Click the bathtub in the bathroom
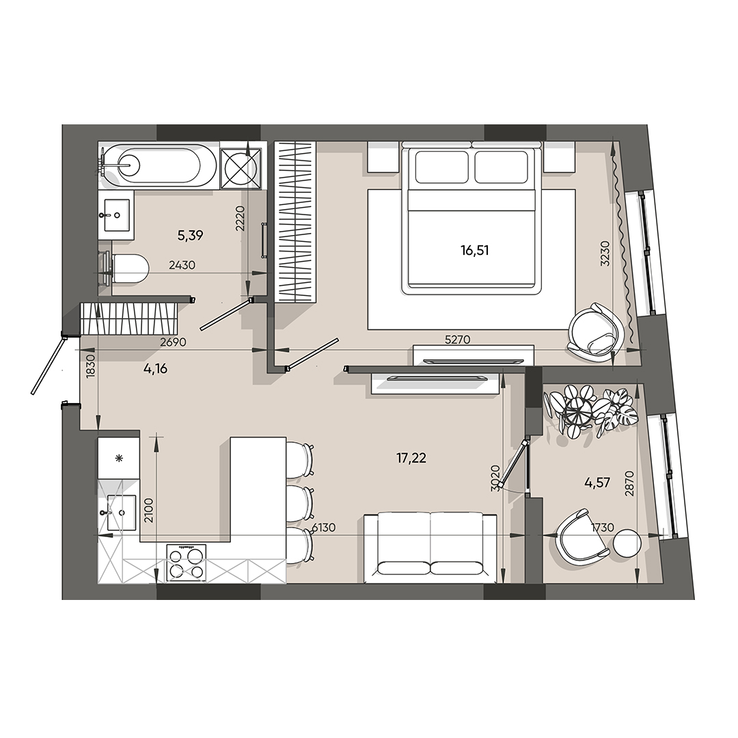(159, 165)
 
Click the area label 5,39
(191, 236)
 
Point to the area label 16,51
(475, 250)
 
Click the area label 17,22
(411, 459)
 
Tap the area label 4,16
(155, 370)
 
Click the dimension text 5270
(458, 339)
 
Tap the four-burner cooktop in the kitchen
(186, 562)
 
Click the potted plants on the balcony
(588, 411)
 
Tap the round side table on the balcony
(627, 545)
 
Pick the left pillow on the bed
(441, 167)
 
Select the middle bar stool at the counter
(299, 500)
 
